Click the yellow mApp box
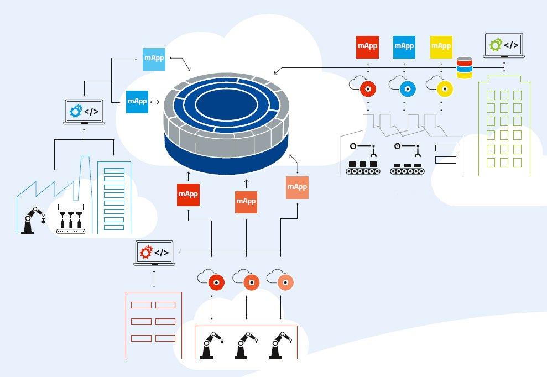click(441, 46)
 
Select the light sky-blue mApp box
click(154, 59)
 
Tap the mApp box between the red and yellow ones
click(404, 46)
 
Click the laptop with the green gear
click(504, 46)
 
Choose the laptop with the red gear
click(154, 253)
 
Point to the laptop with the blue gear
click(84, 112)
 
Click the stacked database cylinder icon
click(465, 68)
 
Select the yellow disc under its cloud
click(443, 88)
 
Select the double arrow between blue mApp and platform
click(154, 102)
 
